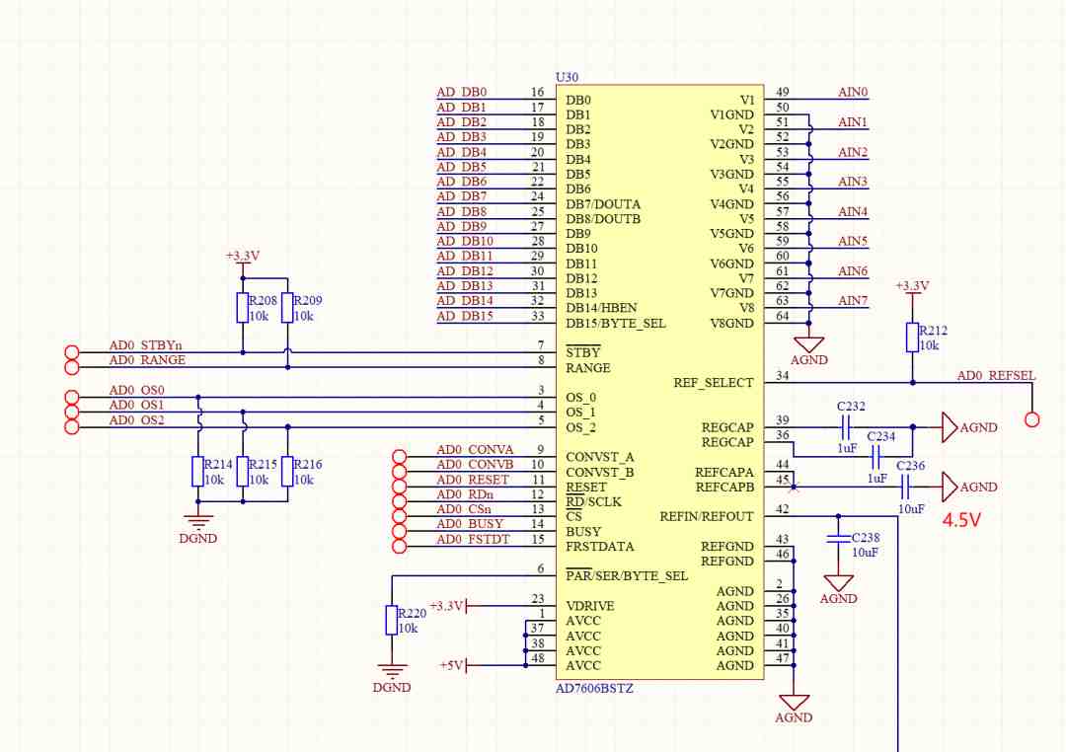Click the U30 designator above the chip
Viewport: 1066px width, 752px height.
(567, 78)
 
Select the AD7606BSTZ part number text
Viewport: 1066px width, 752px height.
(594, 688)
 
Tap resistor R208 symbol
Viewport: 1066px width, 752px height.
(243, 308)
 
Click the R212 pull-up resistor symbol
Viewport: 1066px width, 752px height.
(912, 338)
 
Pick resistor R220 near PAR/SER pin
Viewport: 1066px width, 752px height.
(392, 620)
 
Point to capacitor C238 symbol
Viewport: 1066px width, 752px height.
(838, 539)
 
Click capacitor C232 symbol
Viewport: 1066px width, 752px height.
(846, 427)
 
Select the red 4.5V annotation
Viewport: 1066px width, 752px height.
(961, 520)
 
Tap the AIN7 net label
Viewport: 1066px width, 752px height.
(853, 301)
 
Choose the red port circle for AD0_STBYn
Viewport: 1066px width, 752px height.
(71, 353)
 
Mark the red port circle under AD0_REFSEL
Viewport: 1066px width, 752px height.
(1032, 420)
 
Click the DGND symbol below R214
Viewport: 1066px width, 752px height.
(197, 522)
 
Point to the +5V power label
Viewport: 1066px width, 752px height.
(451, 665)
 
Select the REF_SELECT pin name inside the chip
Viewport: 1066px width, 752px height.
(714, 383)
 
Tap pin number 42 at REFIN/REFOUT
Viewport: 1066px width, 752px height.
(783, 509)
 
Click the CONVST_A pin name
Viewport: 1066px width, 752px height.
(600, 457)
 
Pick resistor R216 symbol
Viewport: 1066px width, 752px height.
(287, 472)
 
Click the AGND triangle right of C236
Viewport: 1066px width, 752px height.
(950, 487)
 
